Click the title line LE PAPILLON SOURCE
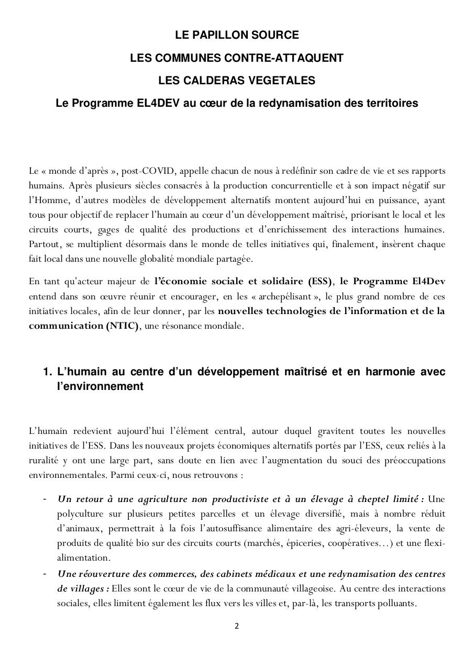click(x=237, y=35)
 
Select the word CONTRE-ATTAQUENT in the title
click(x=293, y=58)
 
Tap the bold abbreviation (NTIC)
click(x=122, y=326)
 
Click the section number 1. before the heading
click(x=47, y=372)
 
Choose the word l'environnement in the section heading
click(x=100, y=386)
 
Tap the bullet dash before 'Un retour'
click(x=45, y=499)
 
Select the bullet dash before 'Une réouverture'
click(x=45, y=574)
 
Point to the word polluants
click(x=396, y=603)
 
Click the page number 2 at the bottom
click(x=237, y=627)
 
